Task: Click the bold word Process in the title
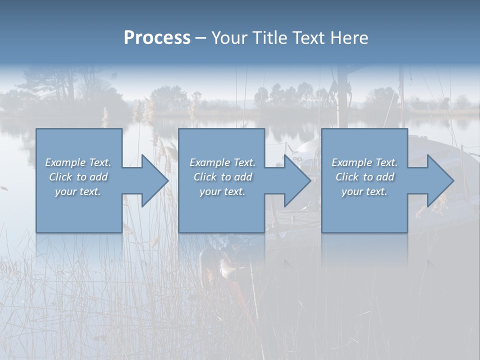[157, 38]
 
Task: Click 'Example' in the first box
[65, 162]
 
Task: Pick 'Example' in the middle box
[209, 162]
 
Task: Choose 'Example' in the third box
[351, 162]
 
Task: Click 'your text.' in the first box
[78, 191]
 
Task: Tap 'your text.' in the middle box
[222, 191]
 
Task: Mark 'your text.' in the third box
[364, 191]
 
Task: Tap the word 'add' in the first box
[99, 177]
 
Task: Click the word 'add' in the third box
[385, 177]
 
